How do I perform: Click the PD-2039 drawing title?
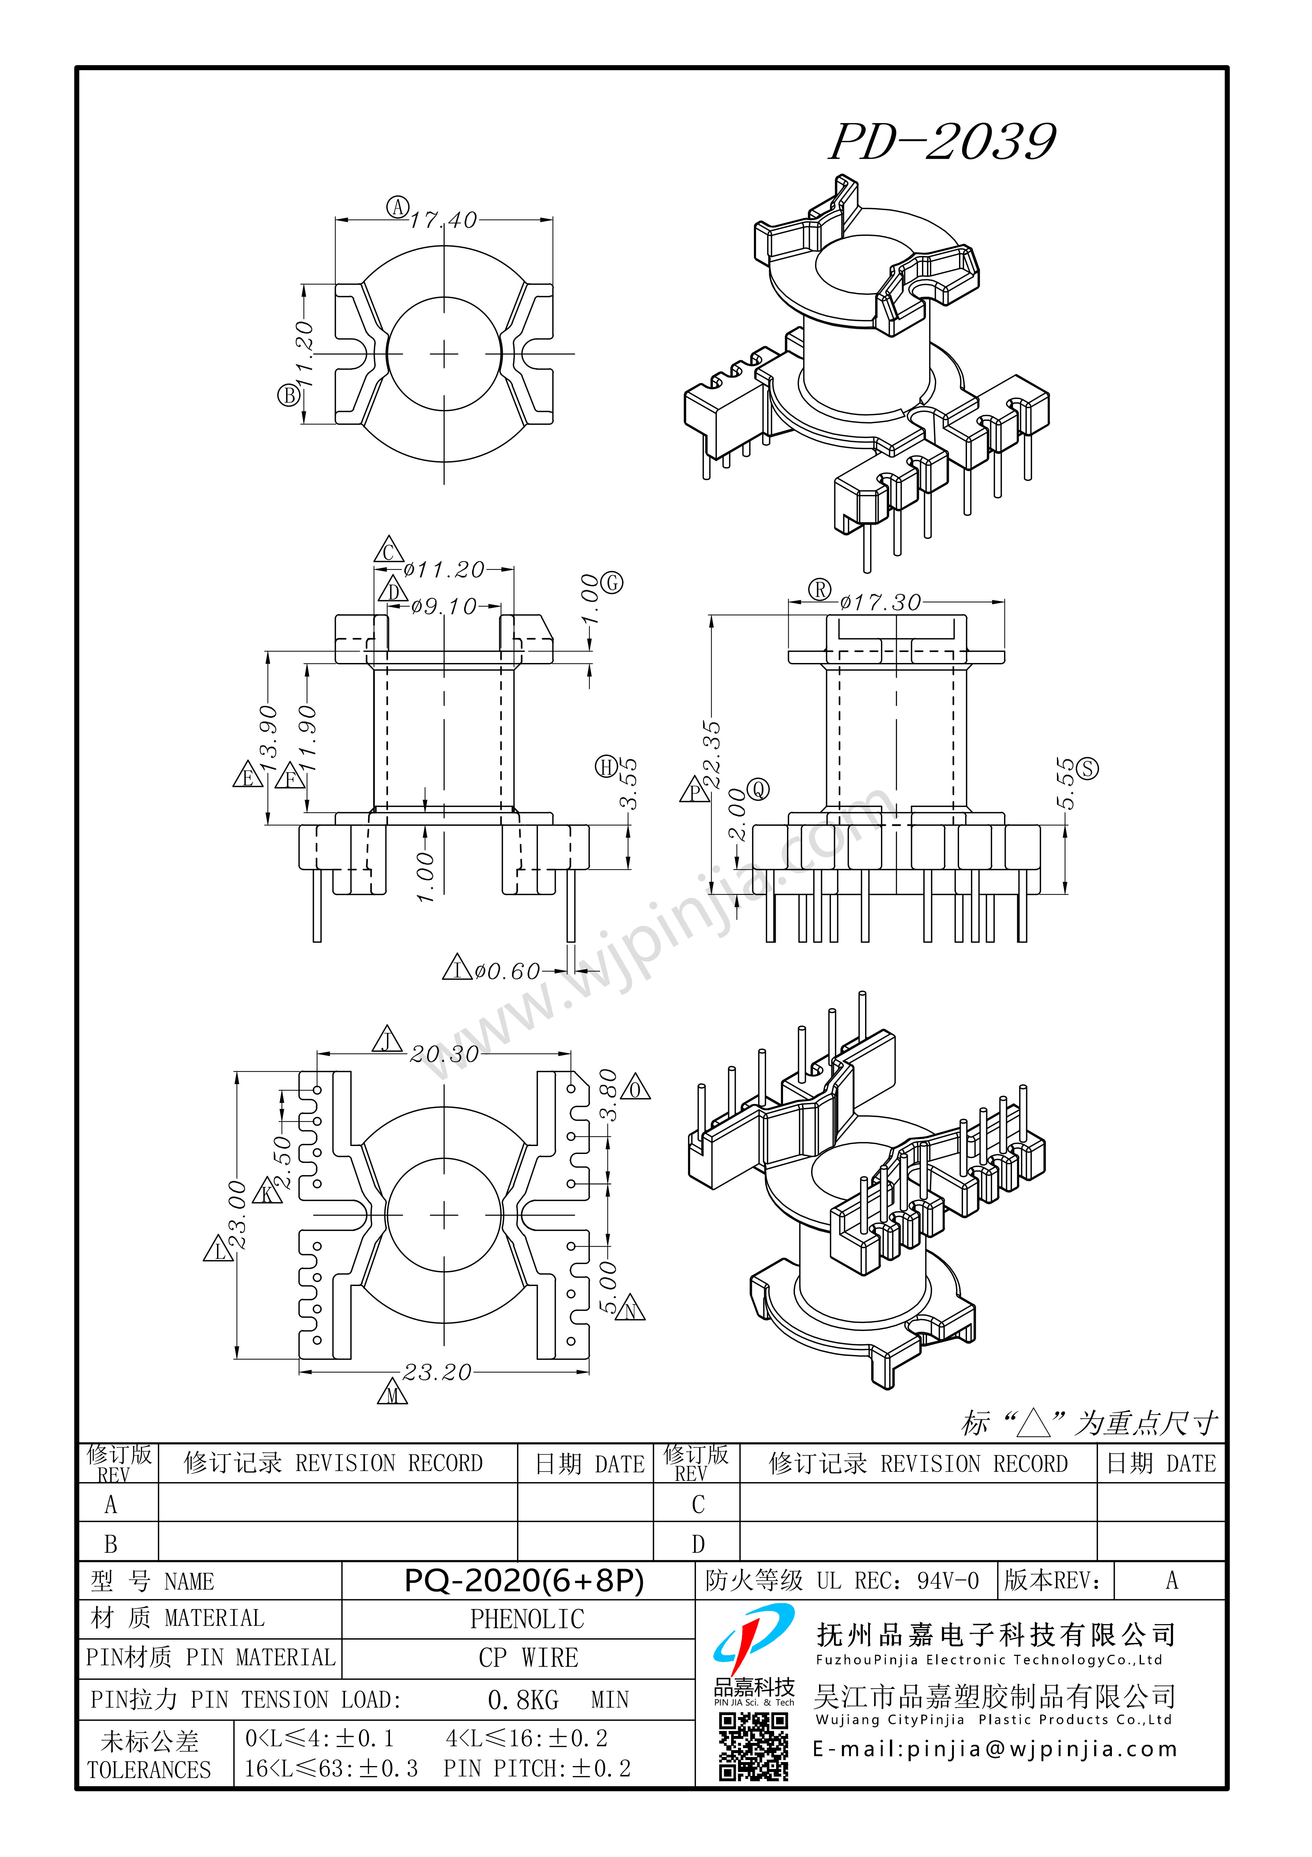click(x=942, y=142)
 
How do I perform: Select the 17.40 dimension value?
click(x=443, y=220)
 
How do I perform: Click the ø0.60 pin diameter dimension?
click(x=507, y=971)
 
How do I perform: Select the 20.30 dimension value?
click(x=444, y=1054)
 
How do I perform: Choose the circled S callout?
click(x=1088, y=768)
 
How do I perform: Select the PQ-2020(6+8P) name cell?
click(x=523, y=1580)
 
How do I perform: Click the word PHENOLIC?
click(x=527, y=1619)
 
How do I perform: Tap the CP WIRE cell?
click(x=528, y=1658)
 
